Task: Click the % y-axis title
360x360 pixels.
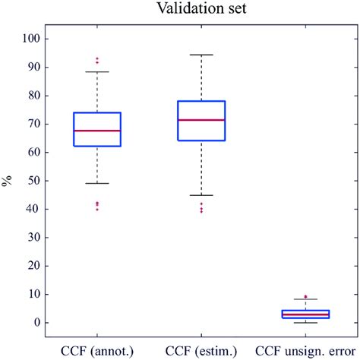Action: tap(8, 181)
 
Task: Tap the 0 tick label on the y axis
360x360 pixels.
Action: tap(39, 323)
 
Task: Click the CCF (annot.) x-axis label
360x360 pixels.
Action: tap(97, 350)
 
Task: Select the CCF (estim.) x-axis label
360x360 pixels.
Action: tap(201, 350)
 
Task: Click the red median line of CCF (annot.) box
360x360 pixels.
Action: tap(97, 131)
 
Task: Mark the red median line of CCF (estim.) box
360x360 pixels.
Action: tap(201, 120)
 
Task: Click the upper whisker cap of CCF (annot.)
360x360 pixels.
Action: tap(97, 71)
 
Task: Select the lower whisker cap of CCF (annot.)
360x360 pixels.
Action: tap(97, 183)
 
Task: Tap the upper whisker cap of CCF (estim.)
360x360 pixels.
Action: tap(201, 55)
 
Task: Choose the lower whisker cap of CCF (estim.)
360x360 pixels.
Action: tap(201, 195)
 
